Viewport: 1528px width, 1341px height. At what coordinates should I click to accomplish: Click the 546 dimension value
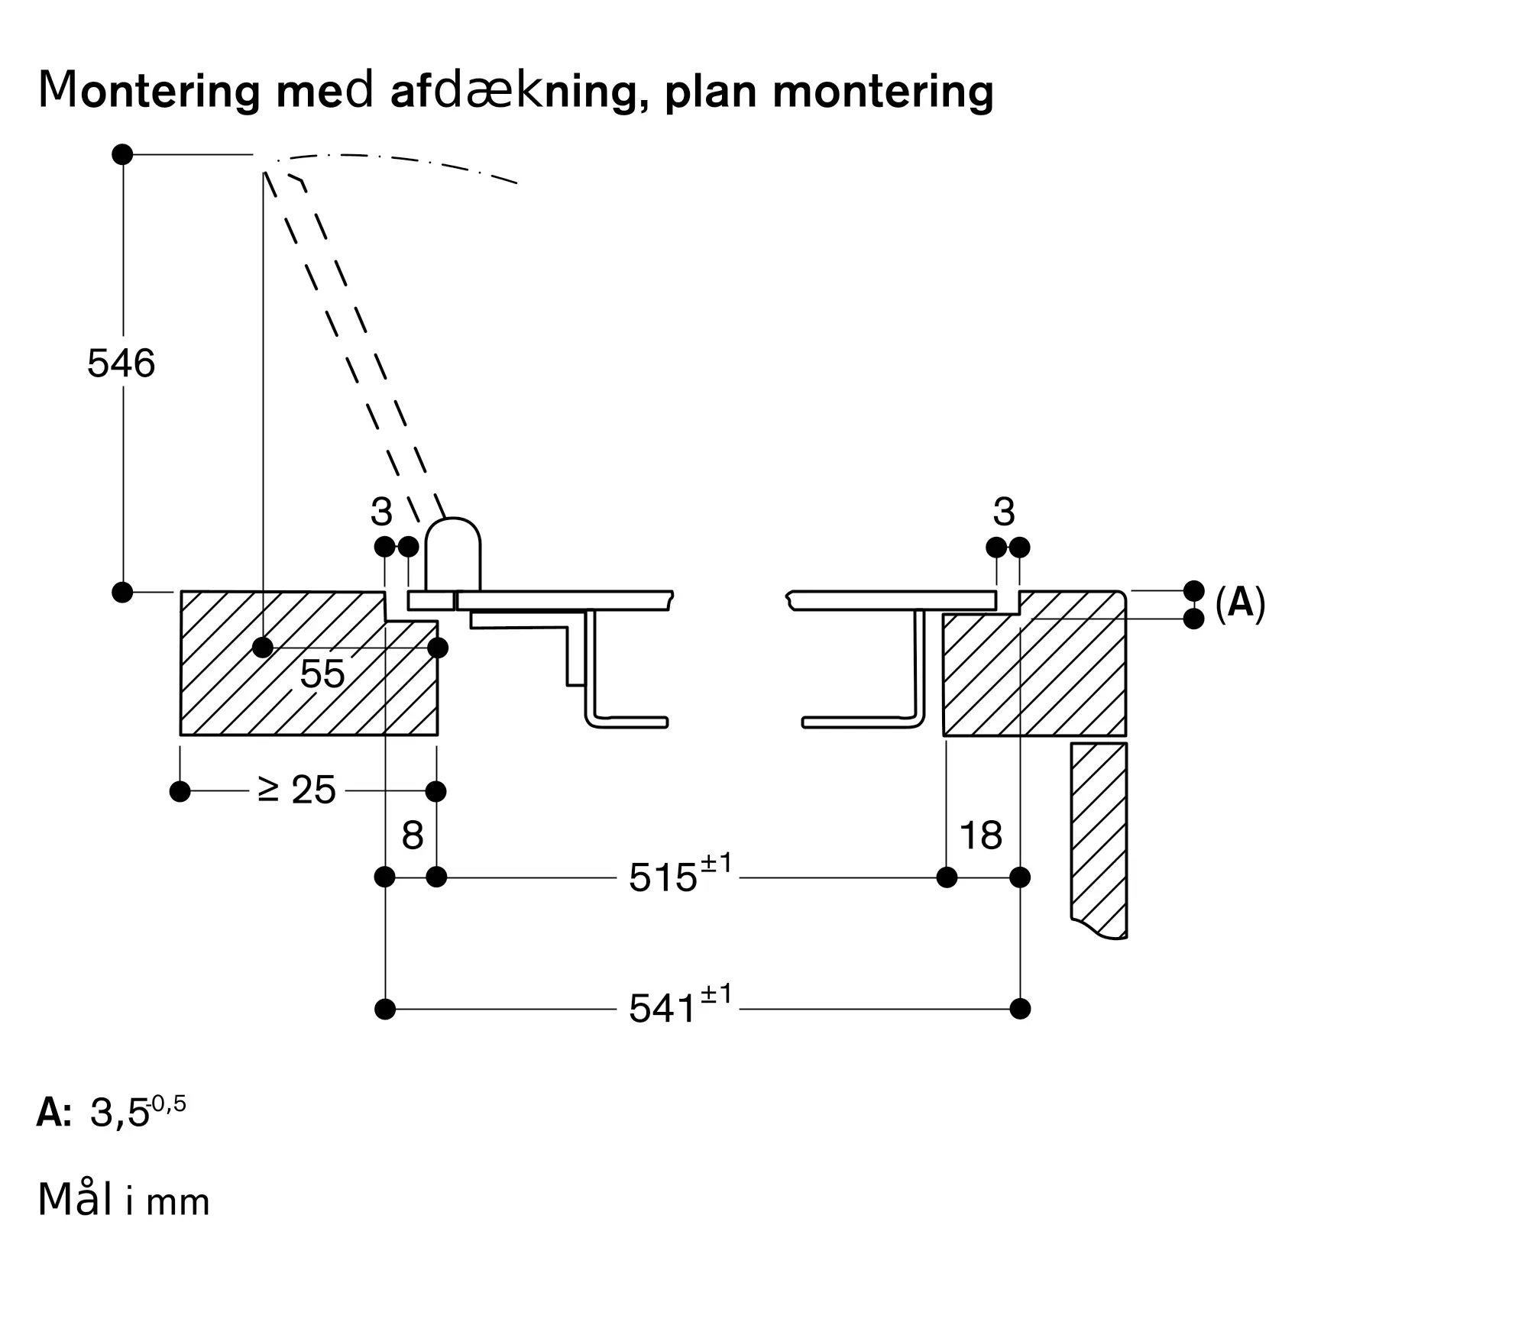[121, 364]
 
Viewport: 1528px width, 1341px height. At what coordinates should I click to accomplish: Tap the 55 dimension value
[322, 674]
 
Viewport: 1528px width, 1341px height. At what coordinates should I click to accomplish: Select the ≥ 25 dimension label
[297, 790]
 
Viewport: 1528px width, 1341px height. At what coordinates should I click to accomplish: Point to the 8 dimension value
[413, 835]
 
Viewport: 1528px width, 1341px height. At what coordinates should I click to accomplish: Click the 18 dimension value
[980, 835]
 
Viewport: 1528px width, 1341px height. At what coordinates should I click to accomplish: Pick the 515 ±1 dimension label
[679, 875]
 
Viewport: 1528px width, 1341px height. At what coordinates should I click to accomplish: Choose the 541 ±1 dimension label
[679, 1007]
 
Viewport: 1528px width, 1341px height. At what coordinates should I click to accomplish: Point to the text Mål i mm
[123, 1200]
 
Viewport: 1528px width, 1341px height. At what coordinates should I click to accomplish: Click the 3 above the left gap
[381, 512]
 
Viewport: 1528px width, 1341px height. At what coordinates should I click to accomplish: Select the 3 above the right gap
[1004, 512]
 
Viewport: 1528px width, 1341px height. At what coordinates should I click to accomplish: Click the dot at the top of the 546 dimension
[122, 154]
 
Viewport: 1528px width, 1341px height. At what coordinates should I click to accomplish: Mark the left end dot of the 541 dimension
[385, 1009]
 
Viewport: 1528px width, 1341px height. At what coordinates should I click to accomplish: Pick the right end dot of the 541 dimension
[1020, 1009]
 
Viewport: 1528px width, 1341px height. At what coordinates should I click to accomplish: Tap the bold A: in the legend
[53, 1113]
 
